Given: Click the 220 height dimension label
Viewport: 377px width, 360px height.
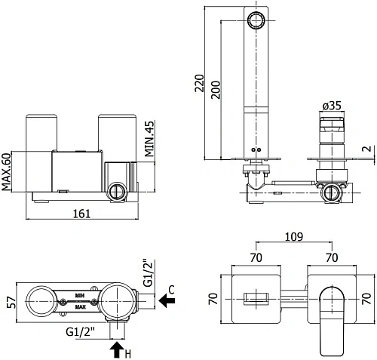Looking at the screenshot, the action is [x=200, y=83].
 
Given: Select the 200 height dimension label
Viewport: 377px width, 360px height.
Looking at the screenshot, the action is [x=216, y=90].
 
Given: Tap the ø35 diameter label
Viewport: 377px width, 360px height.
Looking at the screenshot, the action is [x=332, y=106].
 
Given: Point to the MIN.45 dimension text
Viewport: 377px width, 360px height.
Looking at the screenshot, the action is [x=149, y=139].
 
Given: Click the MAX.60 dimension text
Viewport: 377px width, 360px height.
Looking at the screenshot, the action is [x=7, y=172].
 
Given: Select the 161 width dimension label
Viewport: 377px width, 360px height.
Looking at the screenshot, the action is [x=81, y=214].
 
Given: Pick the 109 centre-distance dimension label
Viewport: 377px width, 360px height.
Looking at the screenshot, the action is [x=294, y=237].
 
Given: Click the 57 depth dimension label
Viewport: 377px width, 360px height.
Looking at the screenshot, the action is [x=11, y=302].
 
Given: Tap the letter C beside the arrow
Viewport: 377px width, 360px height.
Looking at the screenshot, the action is [x=171, y=290].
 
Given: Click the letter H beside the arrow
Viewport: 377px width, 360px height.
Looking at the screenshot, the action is [x=128, y=354].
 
